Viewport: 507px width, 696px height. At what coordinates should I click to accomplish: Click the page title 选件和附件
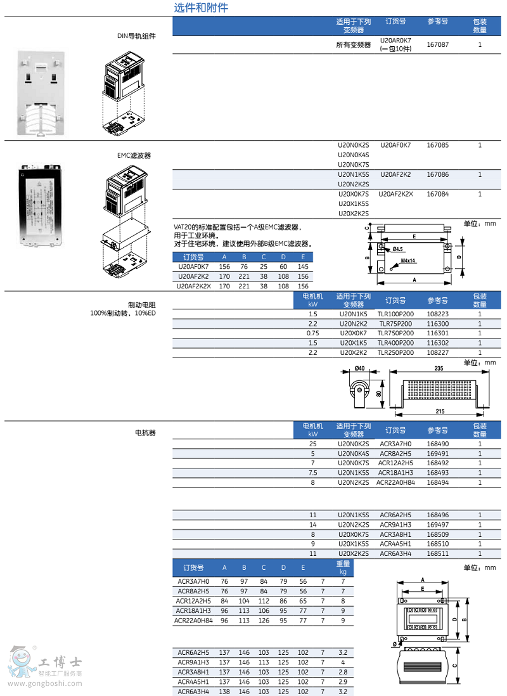point(201,8)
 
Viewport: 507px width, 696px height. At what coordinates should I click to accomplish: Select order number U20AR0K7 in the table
point(395,41)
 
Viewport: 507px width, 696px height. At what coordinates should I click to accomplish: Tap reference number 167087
point(438,45)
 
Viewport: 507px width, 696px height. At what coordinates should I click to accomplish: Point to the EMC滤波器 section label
point(134,155)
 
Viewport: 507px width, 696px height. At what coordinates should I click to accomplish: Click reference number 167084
point(438,194)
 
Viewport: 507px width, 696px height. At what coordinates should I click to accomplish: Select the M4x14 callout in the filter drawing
point(408,261)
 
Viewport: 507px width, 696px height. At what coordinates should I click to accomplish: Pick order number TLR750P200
point(395,333)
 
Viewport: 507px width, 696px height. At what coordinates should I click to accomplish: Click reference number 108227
point(438,353)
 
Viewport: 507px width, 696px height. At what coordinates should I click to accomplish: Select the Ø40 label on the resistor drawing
point(359,368)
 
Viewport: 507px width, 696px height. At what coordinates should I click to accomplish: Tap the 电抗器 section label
point(145,433)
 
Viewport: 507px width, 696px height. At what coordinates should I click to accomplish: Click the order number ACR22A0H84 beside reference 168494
point(395,483)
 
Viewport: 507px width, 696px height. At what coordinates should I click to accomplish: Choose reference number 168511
point(438,554)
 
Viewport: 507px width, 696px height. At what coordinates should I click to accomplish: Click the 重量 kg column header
point(343,567)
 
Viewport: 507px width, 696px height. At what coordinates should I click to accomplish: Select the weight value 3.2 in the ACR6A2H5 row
point(343,652)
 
